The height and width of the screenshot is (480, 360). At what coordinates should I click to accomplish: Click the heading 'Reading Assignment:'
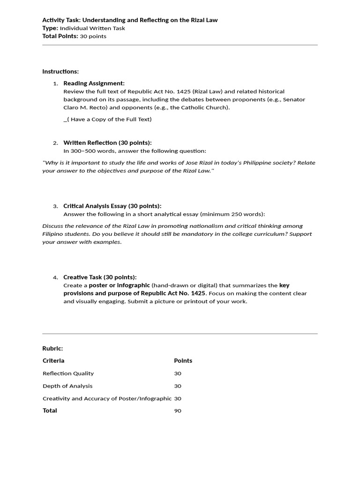94,83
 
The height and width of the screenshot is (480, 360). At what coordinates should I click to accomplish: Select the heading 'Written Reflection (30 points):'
107,143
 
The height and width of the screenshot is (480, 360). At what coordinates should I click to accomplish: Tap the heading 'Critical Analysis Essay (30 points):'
112,206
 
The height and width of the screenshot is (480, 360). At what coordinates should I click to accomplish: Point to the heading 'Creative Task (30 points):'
100,277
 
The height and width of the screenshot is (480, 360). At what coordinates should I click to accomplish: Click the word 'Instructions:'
60,72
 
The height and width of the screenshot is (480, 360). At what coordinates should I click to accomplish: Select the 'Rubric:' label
52,348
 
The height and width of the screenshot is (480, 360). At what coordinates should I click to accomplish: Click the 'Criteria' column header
53,361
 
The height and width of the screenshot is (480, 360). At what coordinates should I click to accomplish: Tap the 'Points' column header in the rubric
183,361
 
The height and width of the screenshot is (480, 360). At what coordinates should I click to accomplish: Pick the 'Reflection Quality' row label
68,374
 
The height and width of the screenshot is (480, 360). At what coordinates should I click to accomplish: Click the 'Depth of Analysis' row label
67,386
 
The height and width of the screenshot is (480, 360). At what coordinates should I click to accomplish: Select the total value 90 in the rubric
178,411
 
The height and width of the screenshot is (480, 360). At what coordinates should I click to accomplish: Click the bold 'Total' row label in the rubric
50,411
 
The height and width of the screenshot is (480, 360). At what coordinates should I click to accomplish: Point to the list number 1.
55,83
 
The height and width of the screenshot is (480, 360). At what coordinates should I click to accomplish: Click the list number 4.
55,277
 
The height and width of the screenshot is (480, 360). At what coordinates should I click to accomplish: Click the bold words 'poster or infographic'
120,285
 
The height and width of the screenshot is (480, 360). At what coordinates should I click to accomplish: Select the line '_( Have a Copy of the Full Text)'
107,119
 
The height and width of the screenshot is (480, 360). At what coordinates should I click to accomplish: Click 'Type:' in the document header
50,28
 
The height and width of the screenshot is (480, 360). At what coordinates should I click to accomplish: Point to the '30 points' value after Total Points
93,36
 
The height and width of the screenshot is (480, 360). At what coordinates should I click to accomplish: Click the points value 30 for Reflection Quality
178,374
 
